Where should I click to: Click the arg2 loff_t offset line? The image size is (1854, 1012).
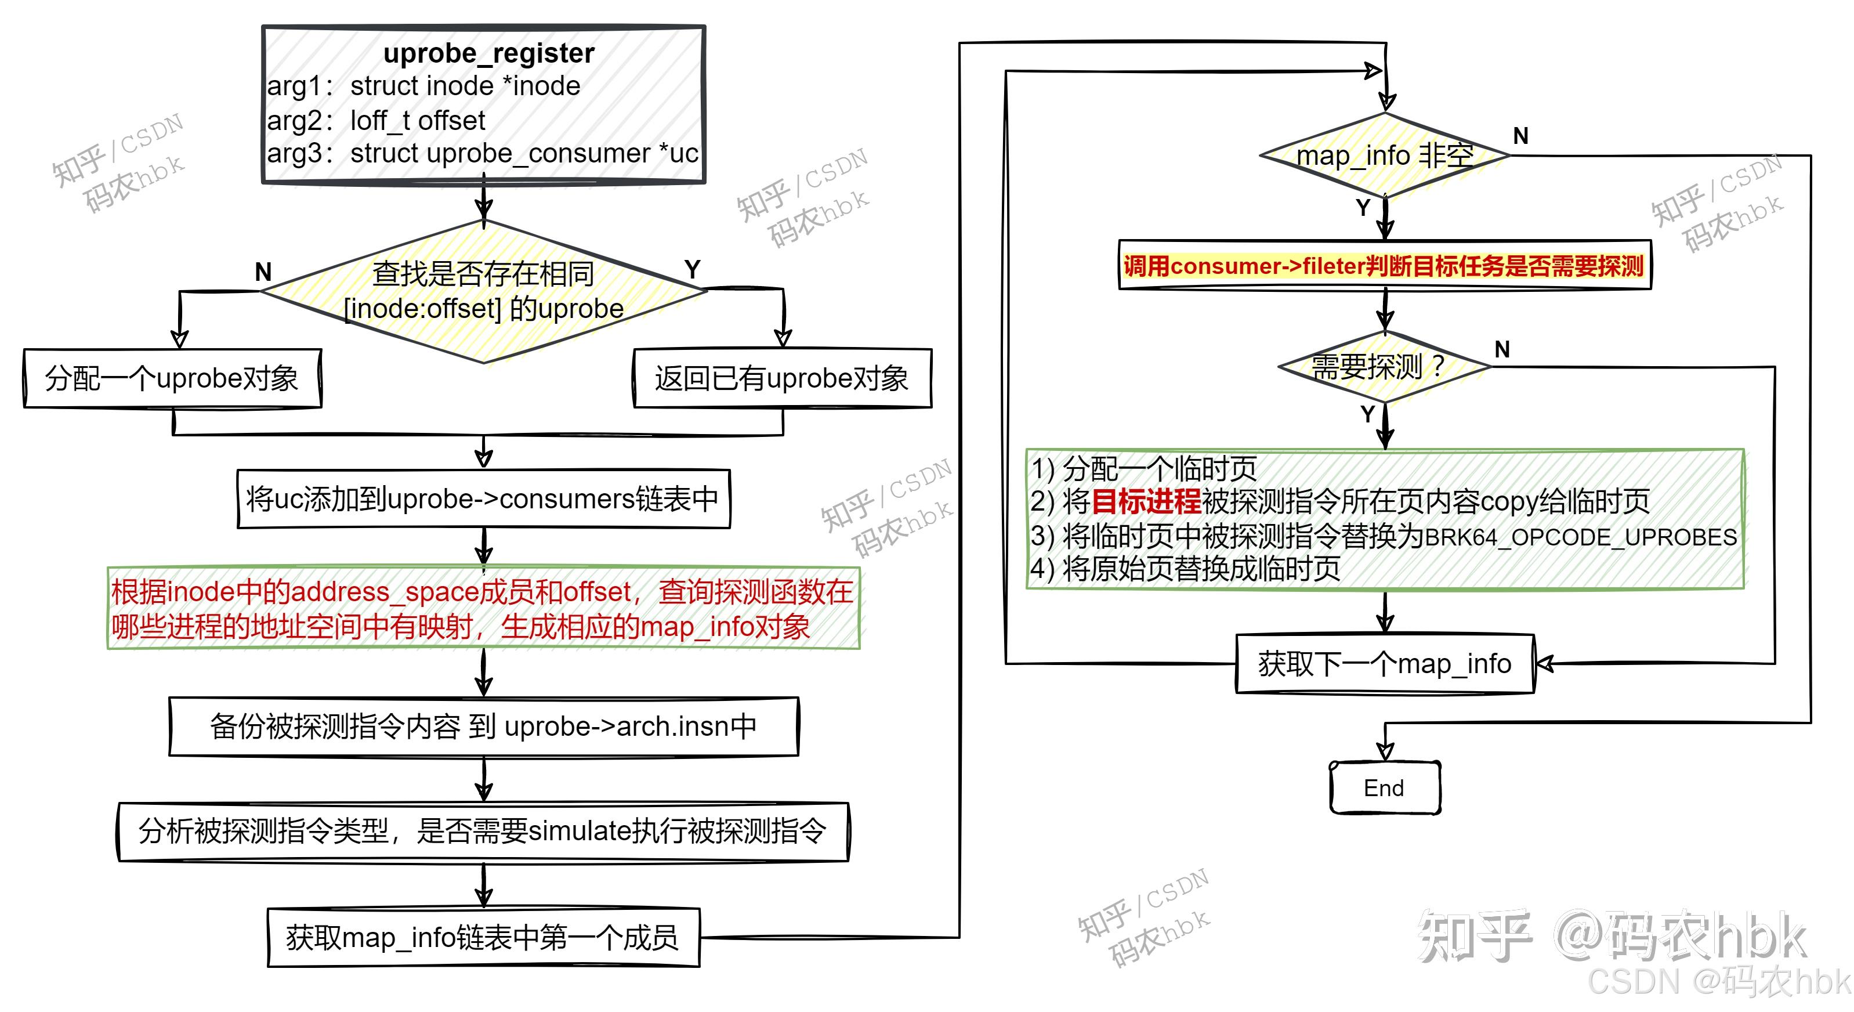(376, 120)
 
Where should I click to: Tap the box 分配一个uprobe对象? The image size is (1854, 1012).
(172, 378)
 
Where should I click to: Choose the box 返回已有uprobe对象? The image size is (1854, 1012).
(781, 378)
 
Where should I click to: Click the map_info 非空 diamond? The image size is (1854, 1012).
(1385, 156)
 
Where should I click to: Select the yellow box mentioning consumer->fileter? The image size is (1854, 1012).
(1384, 266)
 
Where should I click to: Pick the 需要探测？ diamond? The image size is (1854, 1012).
(1385, 367)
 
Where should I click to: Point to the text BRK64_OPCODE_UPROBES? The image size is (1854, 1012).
(1581, 537)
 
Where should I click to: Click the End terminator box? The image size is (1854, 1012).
(1384, 788)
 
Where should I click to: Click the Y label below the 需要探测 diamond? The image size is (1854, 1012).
(1367, 414)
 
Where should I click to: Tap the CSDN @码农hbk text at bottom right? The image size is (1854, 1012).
(1719, 982)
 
